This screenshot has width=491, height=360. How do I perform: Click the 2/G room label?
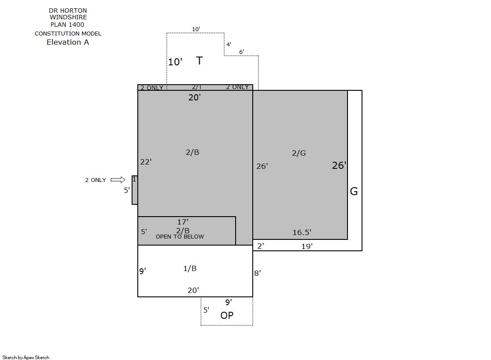click(x=299, y=153)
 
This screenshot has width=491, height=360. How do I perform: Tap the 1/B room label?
click(x=190, y=268)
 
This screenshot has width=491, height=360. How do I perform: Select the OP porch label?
click(x=227, y=315)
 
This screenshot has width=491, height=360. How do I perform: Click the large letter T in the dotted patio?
click(x=200, y=61)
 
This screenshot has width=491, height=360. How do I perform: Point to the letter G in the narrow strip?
click(x=354, y=191)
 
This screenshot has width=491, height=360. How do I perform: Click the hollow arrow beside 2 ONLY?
click(x=118, y=180)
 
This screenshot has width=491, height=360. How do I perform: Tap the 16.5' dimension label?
click(x=302, y=232)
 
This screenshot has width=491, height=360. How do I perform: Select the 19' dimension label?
click(x=307, y=246)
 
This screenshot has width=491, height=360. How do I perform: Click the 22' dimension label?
click(x=146, y=161)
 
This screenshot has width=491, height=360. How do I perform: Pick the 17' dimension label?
click(x=183, y=222)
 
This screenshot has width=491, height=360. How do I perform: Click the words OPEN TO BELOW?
click(x=180, y=237)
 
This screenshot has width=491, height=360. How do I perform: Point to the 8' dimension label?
click(x=258, y=273)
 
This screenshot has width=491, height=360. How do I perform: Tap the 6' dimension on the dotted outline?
click(x=241, y=52)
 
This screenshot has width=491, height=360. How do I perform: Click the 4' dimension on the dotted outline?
click(x=229, y=44)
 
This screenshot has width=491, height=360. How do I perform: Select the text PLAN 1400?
click(x=67, y=25)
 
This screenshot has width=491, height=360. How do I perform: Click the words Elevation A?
click(x=68, y=42)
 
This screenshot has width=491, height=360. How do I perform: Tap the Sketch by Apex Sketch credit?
click(x=26, y=357)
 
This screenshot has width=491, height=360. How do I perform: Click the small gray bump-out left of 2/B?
click(x=135, y=190)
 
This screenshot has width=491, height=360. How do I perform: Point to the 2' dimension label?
click(x=261, y=246)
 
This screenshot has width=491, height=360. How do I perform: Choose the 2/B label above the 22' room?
click(x=192, y=152)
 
